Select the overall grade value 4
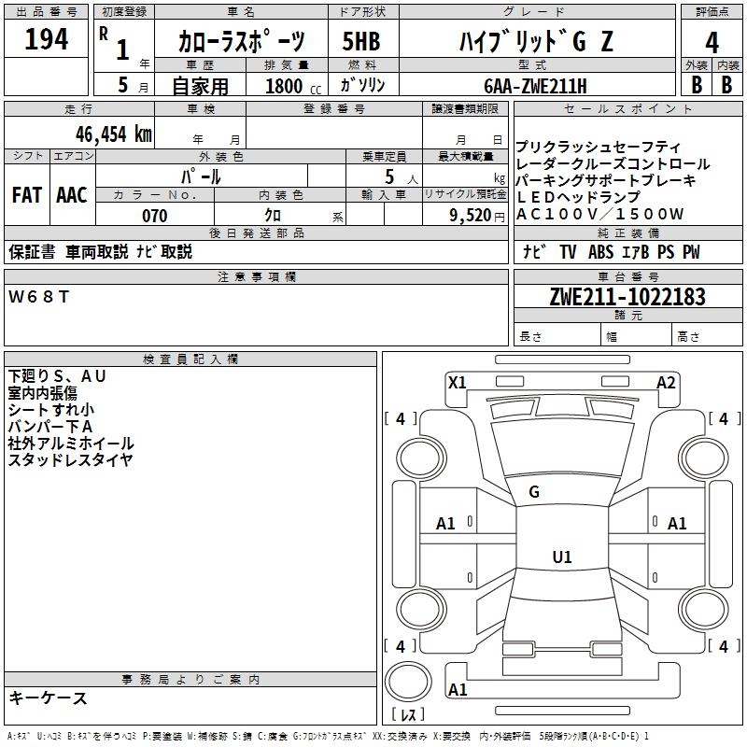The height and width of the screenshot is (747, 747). (x=712, y=42)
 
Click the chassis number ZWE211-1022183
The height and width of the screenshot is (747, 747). (x=627, y=297)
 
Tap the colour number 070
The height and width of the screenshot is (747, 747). (x=154, y=216)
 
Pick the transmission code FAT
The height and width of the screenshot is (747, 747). (x=27, y=195)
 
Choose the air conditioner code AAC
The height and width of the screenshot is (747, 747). (x=72, y=195)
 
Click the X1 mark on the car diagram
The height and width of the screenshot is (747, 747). (x=458, y=382)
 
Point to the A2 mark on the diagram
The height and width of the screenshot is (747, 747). (x=666, y=382)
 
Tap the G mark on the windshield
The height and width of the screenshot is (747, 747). (x=534, y=492)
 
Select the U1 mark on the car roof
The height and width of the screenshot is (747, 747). (x=561, y=557)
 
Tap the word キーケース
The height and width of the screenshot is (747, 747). (x=48, y=698)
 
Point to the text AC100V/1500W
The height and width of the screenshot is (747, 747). (x=600, y=214)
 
